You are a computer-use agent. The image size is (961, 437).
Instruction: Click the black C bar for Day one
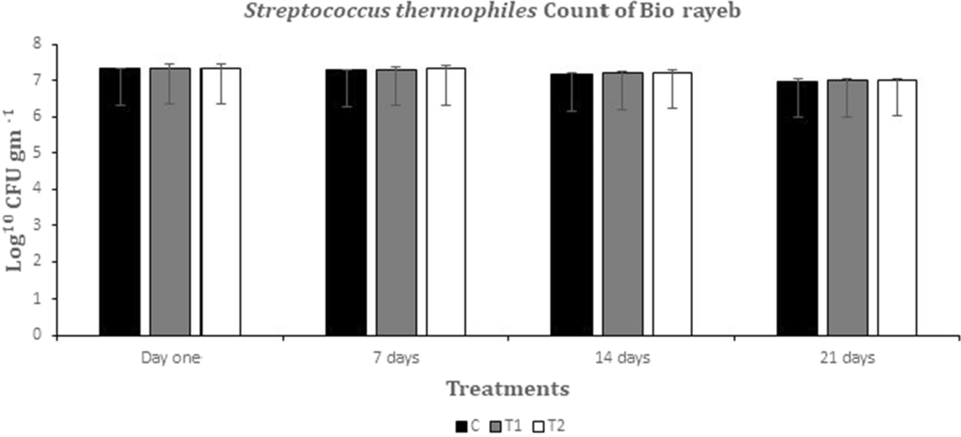(119, 202)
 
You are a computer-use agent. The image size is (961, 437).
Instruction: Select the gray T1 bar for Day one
(170, 202)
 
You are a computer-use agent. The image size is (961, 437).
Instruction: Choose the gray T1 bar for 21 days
(847, 208)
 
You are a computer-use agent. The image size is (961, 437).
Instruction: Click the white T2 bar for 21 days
(897, 208)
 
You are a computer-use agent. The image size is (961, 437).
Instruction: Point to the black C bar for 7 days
(346, 202)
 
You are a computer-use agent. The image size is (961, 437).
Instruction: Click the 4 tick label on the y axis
(44, 190)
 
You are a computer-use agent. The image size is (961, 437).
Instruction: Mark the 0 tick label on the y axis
(44, 335)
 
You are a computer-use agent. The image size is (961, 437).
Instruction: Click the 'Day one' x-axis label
(170, 358)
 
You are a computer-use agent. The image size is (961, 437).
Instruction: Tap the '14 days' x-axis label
(622, 358)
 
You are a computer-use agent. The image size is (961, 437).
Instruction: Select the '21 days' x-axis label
(847, 358)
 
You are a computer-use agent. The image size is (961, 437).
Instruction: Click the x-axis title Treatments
(507, 389)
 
